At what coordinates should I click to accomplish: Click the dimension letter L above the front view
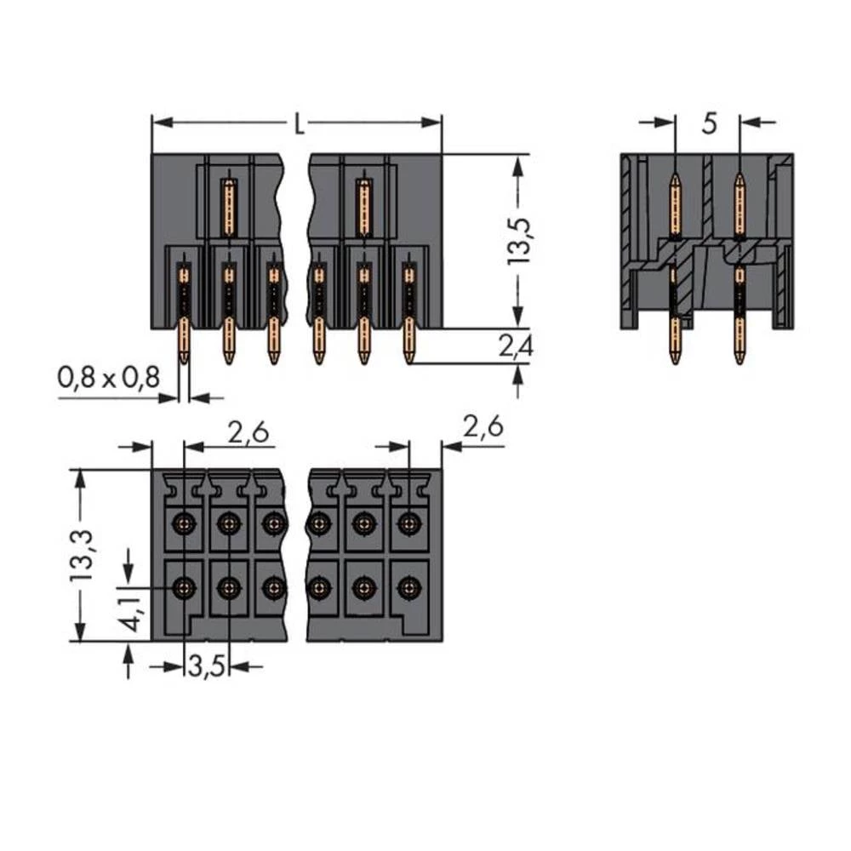[298, 124]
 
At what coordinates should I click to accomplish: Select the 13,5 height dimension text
[518, 240]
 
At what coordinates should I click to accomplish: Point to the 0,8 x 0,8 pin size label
[108, 377]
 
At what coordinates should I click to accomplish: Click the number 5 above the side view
[709, 124]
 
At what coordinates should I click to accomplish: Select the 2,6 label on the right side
[482, 426]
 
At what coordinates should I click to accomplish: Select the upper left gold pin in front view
[228, 207]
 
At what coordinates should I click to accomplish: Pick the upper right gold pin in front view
[363, 207]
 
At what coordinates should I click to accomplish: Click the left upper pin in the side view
[675, 204]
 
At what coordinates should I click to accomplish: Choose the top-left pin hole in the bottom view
[183, 523]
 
